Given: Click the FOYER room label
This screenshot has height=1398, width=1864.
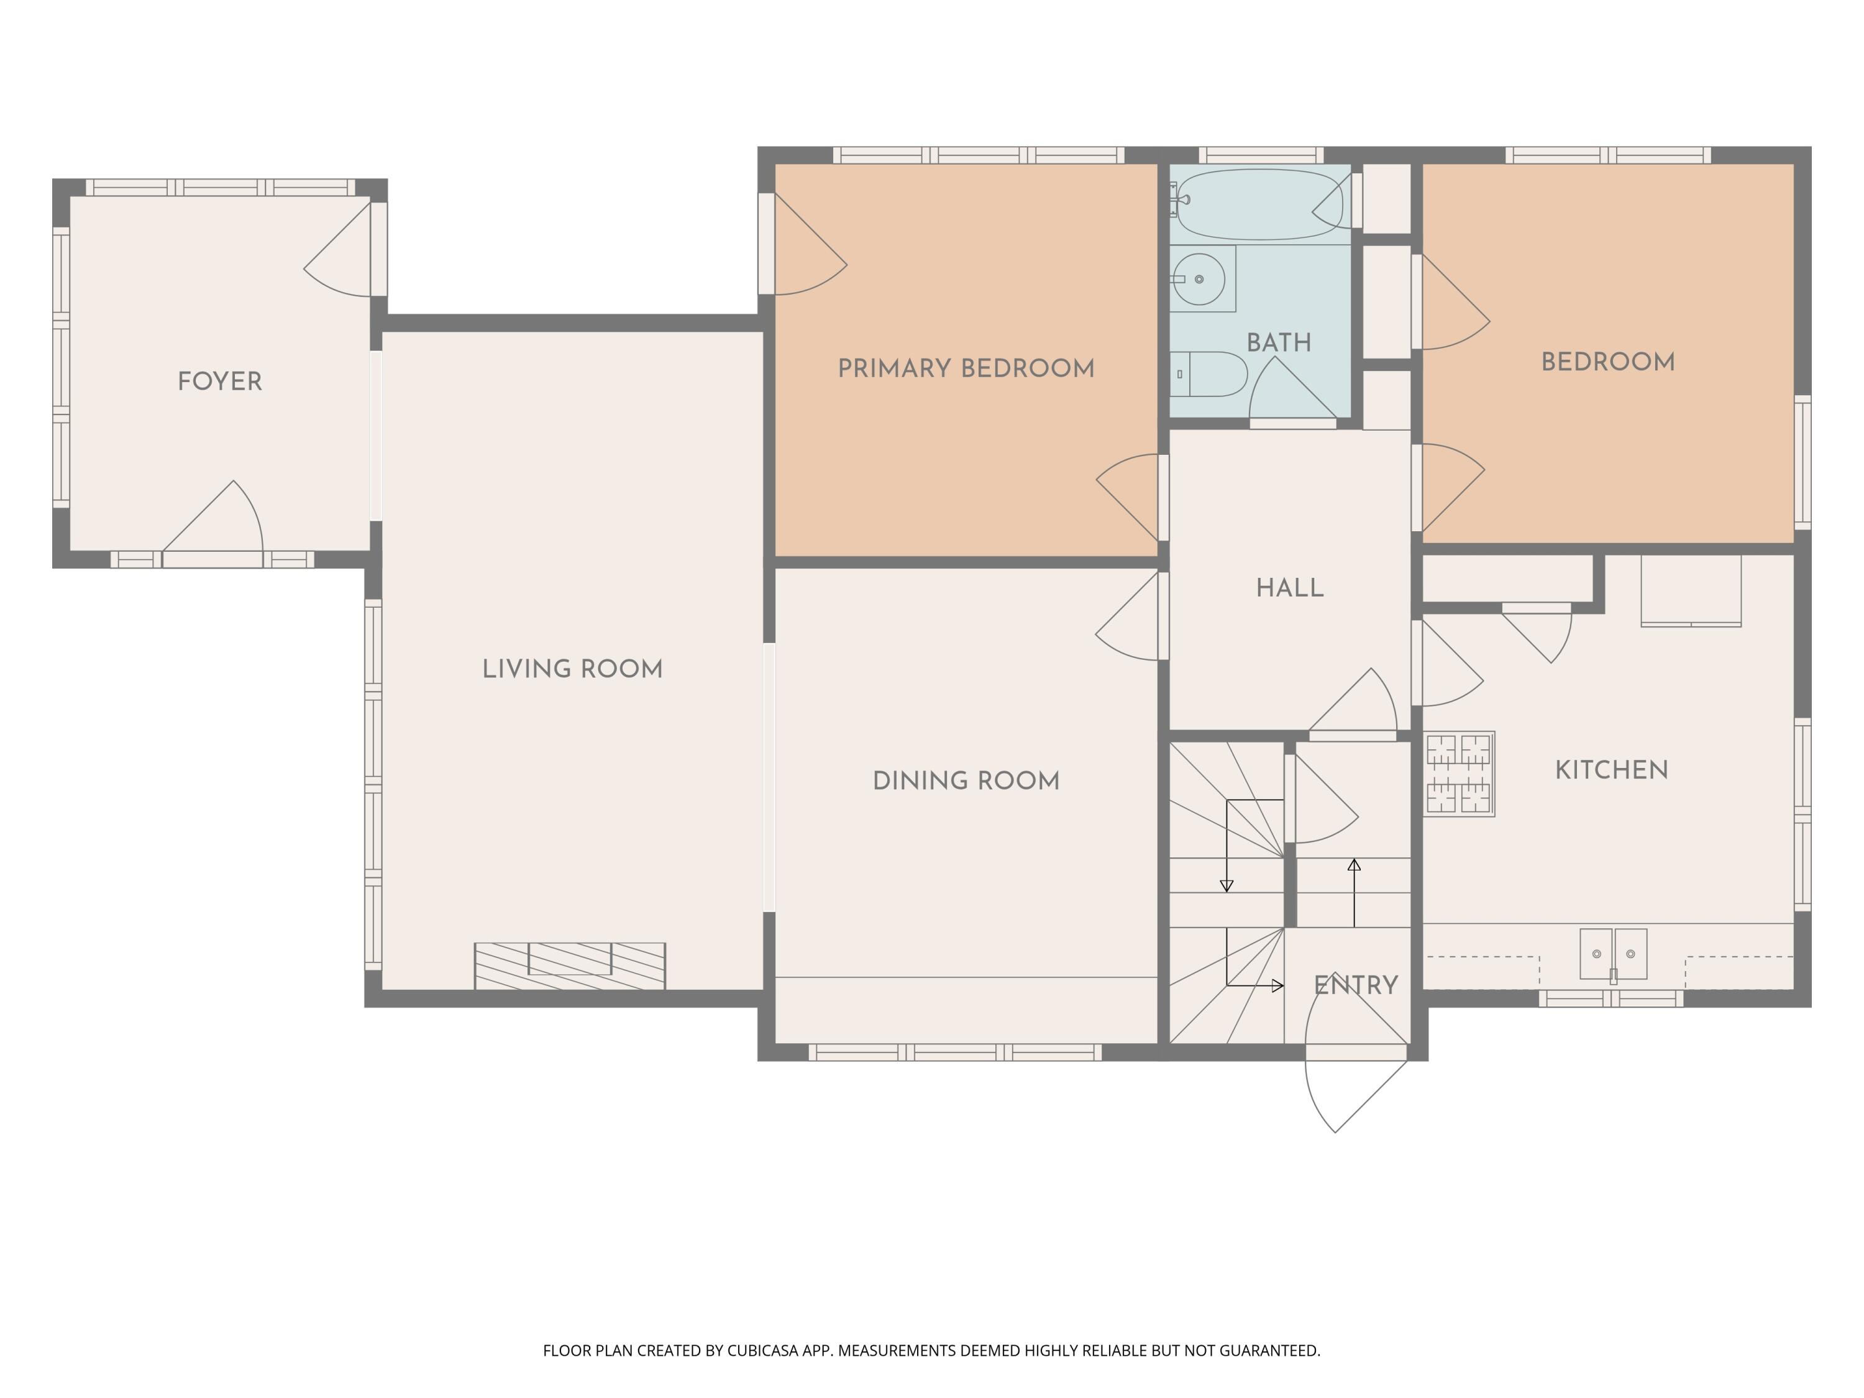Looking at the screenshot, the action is click(x=220, y=381).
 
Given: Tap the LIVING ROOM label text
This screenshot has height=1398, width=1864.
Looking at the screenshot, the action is click(x=572, y=669).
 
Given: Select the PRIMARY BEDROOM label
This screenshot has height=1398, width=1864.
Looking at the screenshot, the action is click(x=966, y=368).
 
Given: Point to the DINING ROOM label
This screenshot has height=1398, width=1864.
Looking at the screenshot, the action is click(x=966, y=781).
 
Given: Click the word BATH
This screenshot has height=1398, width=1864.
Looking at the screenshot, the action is click(x=1278, y=343).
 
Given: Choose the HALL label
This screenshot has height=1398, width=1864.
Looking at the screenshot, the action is click(x=1289, y=588).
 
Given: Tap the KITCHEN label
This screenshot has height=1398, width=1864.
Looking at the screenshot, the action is click(x=1611, y=770).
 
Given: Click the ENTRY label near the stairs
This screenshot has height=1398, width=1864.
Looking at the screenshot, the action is click(x=1356, y=985).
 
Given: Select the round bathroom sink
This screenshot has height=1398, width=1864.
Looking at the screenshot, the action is click(x=1199, y=279).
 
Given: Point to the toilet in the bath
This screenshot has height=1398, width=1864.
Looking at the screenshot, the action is click(x=1208, y=374).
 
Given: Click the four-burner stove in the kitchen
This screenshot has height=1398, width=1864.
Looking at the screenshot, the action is click(x=1459, y=774).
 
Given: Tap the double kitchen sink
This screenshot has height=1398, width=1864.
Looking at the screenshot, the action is click(x=1613, y=954).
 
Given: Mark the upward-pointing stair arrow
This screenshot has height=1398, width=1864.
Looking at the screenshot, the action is click(x=1354, y=893).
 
